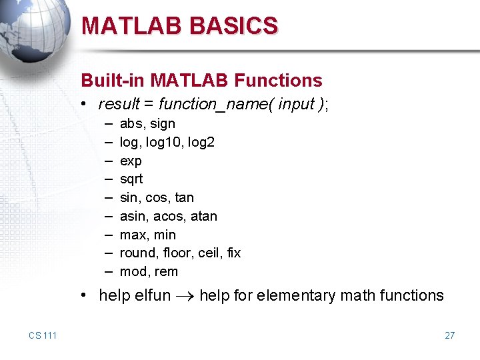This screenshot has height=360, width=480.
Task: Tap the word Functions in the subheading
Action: tap(278, 81)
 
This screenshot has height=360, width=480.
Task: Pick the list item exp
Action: tap(131, 161)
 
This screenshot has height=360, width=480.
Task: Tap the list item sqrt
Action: tap(131, 179)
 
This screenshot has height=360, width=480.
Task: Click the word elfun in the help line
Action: tap(152, 295)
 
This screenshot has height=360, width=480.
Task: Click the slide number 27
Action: tap(449, 335)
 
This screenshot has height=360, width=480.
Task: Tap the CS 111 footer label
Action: tap(43, 335)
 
